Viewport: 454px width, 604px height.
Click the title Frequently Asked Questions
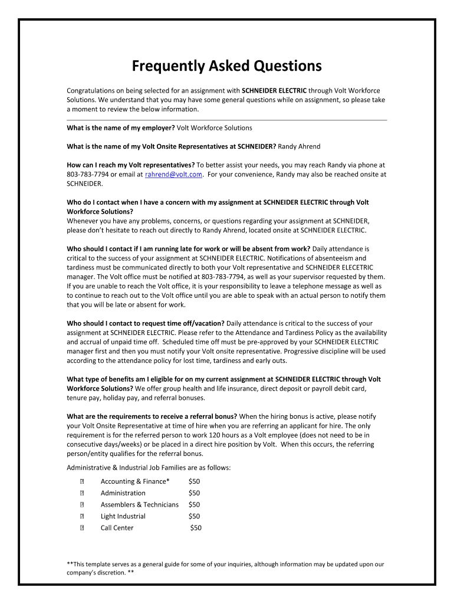226,66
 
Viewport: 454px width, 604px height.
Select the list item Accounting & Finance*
135,481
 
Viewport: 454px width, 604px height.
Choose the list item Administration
123,493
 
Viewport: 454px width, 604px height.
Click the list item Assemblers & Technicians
139,504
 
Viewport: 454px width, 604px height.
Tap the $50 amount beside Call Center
196,528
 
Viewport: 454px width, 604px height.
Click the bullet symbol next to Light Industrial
83,516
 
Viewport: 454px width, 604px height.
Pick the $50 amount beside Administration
194,493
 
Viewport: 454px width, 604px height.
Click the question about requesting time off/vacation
146,323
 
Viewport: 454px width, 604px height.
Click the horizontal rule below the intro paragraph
226,120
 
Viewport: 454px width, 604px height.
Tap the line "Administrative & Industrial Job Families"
149,468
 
